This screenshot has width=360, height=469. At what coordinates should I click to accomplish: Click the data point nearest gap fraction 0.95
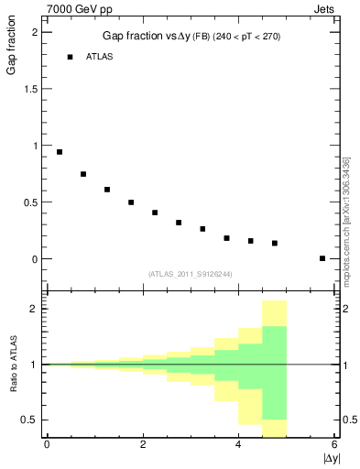point(60,152)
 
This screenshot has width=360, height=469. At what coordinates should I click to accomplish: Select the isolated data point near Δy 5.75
point(322,258)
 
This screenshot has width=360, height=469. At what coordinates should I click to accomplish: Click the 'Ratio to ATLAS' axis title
point(13,366)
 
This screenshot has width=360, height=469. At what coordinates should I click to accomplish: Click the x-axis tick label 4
point(239,445)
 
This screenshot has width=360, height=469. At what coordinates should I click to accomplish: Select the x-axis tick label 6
point(335,445)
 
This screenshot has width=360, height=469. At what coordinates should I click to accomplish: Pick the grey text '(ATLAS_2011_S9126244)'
point(190,273)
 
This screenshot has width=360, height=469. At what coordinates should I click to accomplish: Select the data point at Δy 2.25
point(155,213)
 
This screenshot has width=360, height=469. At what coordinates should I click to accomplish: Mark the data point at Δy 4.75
point(275,243)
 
